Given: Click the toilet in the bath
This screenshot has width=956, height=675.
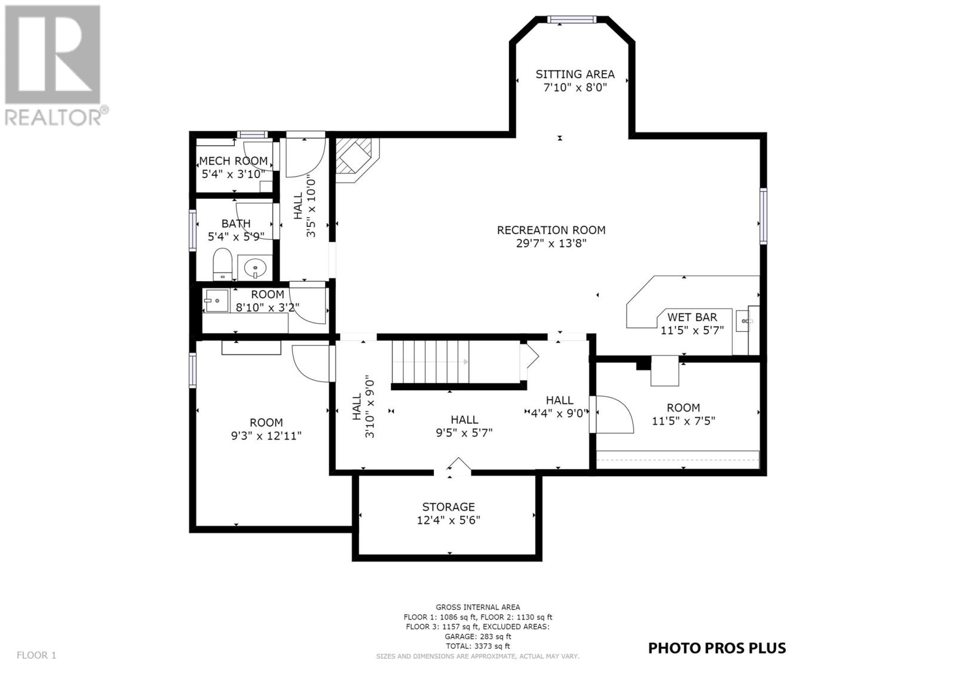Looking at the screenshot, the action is click(x=222, y=264).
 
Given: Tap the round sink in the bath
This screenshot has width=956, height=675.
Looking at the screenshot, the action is click(x=255, y=268).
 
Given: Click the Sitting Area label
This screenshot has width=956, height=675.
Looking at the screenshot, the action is click(x=575, y=74).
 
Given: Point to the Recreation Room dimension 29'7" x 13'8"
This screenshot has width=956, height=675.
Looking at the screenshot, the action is click(x=551, y=244).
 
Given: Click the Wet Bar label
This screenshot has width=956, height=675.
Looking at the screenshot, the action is click(x=693, y=318).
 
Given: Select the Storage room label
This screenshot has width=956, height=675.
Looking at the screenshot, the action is click(x=448, y=507).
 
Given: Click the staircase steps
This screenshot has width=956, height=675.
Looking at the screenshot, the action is click(x=430, y=362).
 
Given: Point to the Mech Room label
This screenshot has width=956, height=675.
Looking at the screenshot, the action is click(x=234, y=161).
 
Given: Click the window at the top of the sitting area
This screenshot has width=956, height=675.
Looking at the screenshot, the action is click(x=572, y=19).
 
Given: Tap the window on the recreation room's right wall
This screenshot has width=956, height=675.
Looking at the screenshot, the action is click(x=763, y=216).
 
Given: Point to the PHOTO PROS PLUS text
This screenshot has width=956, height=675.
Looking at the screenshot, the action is click(x=717, y=648).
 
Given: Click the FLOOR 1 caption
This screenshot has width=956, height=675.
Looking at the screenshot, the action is click(x=36, y=655).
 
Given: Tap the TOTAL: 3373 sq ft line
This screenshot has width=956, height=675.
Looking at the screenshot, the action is click(x=477, y=646).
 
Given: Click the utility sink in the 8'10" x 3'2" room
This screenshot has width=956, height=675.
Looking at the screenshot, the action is click(x=216, y=301).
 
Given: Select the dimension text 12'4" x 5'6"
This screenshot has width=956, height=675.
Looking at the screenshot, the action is click(x=449, y=520).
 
